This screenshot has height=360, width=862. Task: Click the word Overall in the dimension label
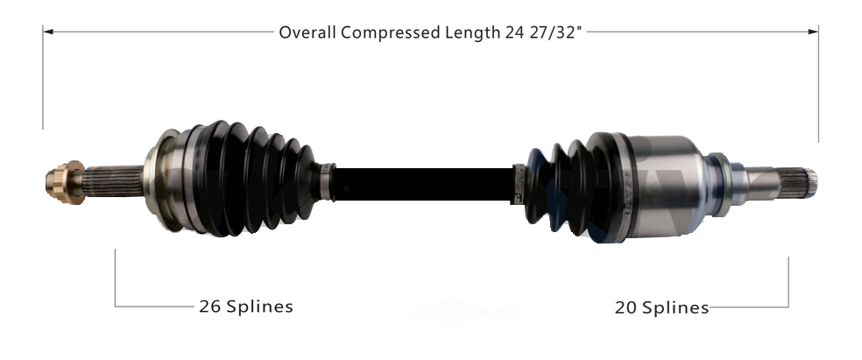(x=307, y=32)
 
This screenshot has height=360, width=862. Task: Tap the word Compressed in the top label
(x=391, y=33)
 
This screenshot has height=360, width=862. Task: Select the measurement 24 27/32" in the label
(x=543, y=32)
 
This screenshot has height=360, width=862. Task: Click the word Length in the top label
(x=472, y=33)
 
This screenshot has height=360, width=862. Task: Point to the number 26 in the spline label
(x=209, y=307)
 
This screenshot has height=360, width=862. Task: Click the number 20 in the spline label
(x=625, y=307)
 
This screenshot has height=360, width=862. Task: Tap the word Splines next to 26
(x=259, y=307)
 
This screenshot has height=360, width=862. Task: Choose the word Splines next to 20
(x=675, y=307)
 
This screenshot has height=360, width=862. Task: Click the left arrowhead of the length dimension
(x=48, y=32)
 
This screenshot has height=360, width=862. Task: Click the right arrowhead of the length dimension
(x=813, y=32)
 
